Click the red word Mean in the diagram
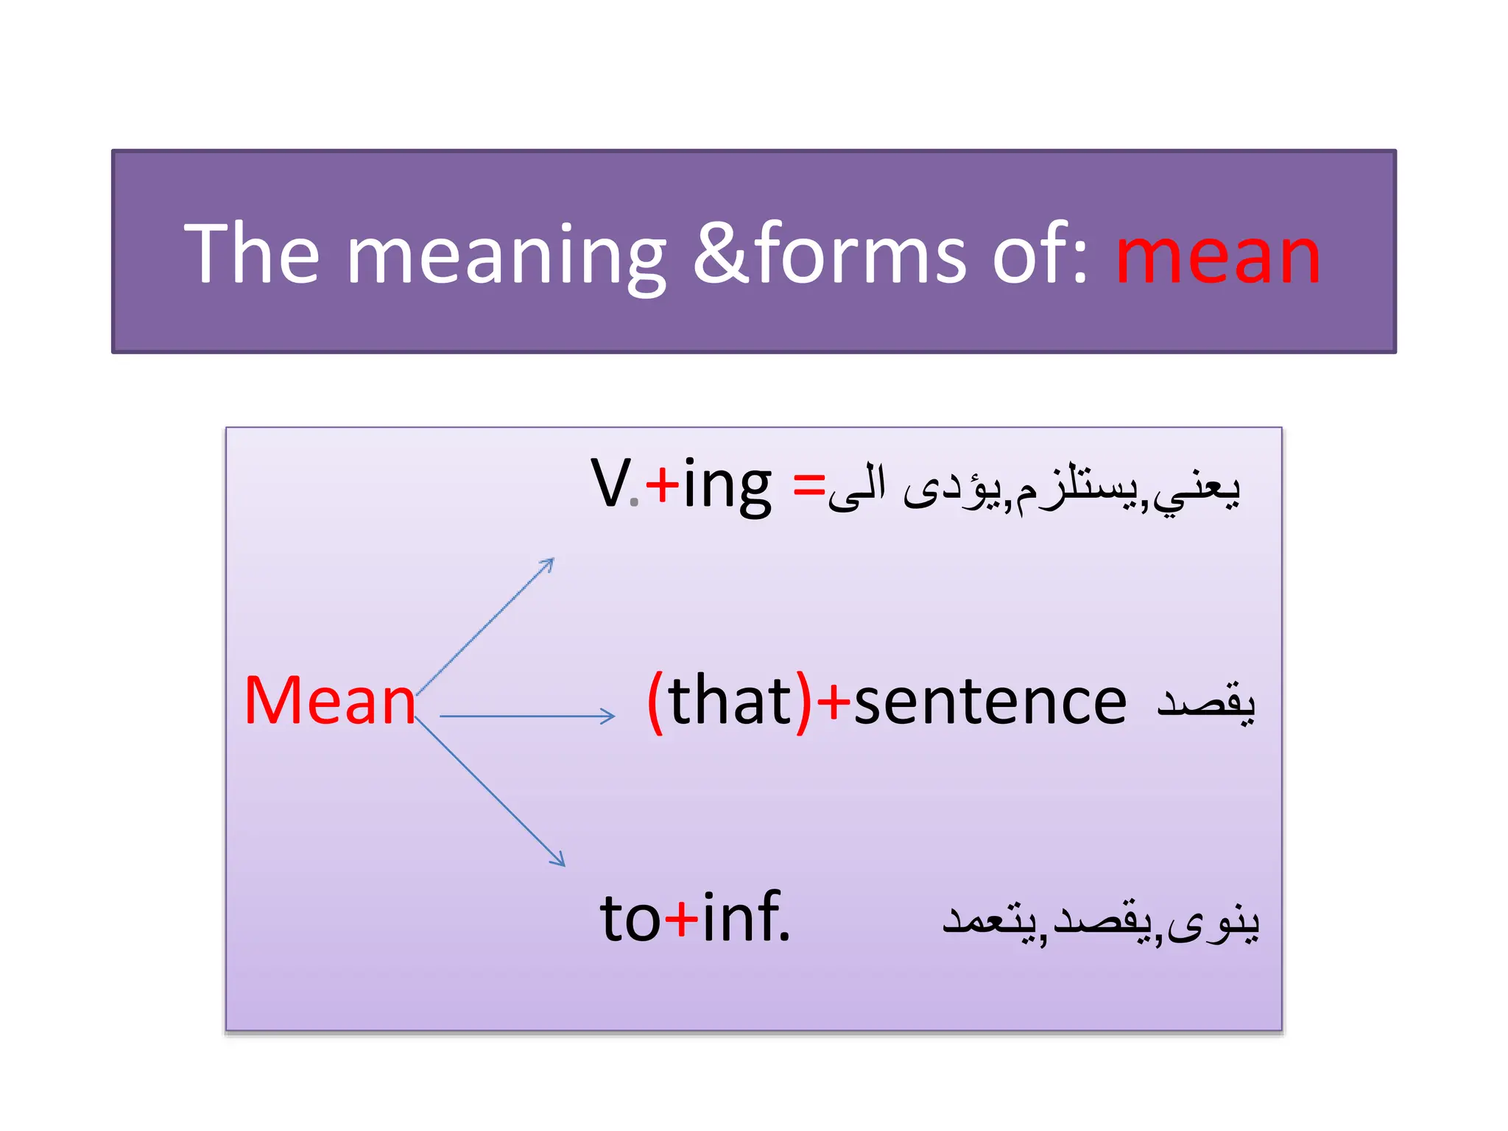click(x=330, y=701)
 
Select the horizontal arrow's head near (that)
click(x=609, y=716)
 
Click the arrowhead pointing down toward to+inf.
click(x=560, y=861)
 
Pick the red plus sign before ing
click(x=662, y=485)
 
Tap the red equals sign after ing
click(x=808, y=486)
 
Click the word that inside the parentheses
click(x=730, y=701)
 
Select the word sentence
click(x=990, y=702)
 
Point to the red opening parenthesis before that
click(x=655, y=701)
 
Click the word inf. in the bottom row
click(x=745, y=917)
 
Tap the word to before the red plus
click(x=630, y=919)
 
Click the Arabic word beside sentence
click(x=1205, y=702)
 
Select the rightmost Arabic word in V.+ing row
click(x=1197, y=489)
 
